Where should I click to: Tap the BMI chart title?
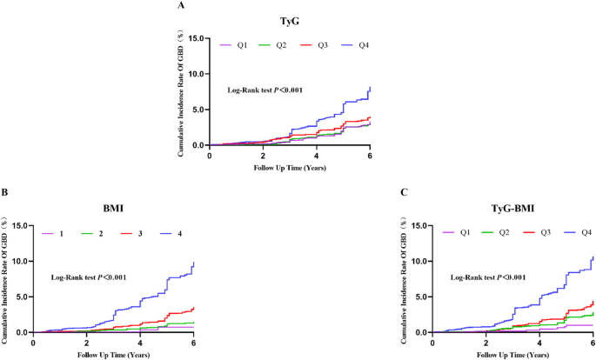point(113,210)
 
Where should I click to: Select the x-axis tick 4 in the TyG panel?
point(317,154)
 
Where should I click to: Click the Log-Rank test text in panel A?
point(265,90)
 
